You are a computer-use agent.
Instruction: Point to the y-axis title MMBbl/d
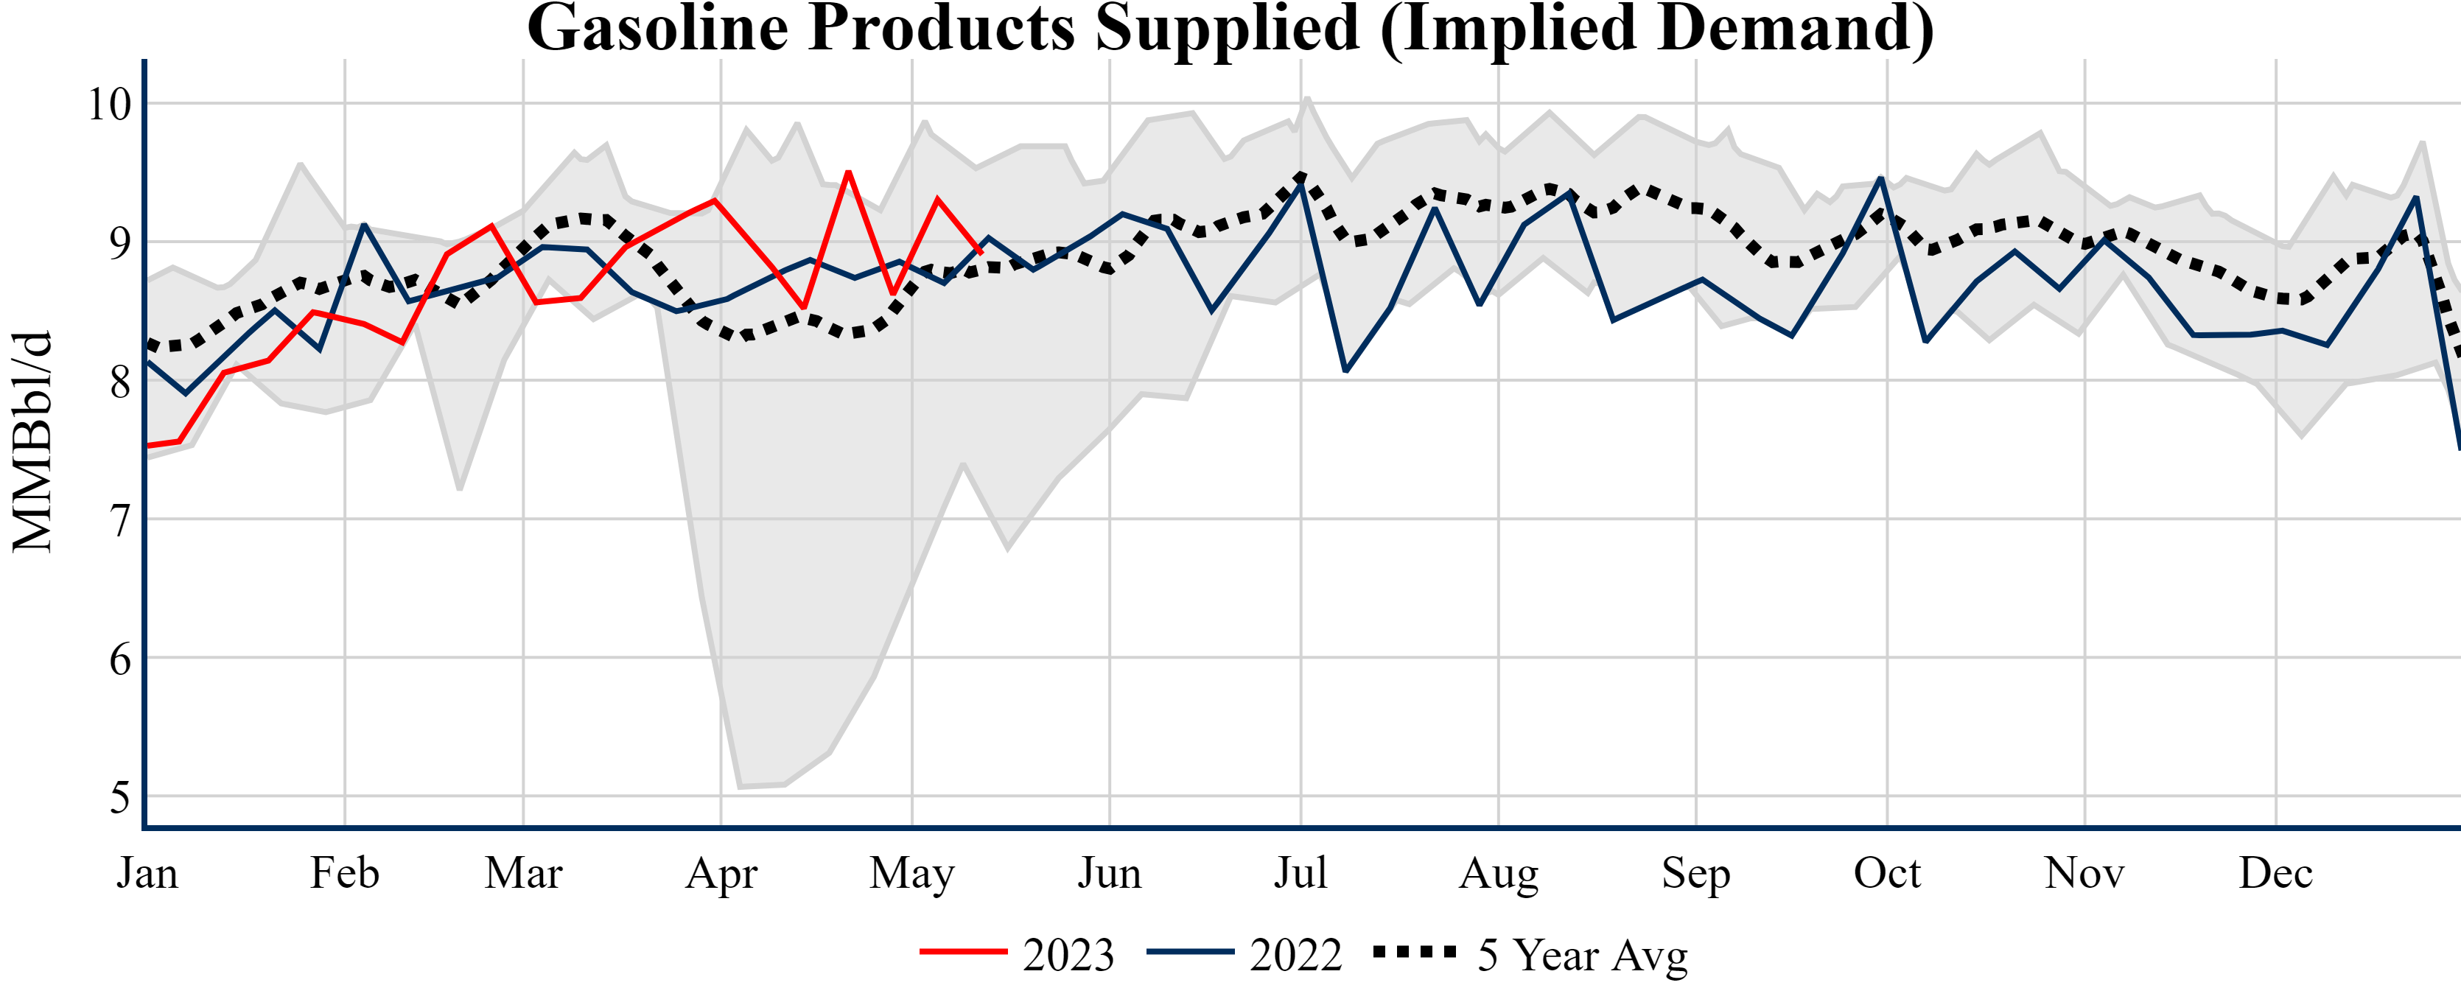32,441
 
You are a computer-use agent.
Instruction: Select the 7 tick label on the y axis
119,521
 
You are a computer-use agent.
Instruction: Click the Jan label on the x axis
147,873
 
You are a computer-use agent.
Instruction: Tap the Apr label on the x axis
721,873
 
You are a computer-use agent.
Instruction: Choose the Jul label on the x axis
1300,873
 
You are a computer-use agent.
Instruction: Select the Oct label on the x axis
1887,873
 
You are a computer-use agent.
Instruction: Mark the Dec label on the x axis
2275,873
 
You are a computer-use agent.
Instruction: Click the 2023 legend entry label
1068,954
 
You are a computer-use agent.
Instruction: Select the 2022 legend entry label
1295,954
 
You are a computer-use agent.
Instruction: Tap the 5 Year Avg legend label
1583,954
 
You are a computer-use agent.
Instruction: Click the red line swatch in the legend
963,951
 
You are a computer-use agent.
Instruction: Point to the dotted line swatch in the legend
1415,951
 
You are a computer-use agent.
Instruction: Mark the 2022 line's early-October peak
1880,178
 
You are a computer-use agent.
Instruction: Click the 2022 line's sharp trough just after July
1345,371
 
